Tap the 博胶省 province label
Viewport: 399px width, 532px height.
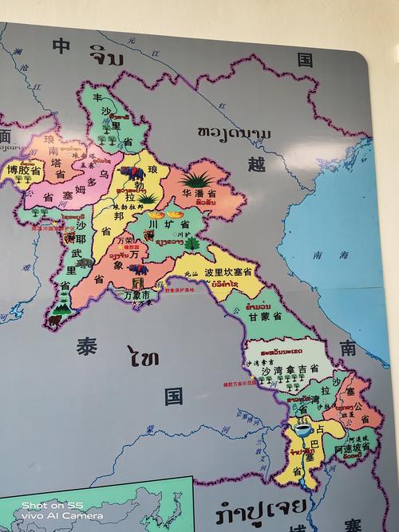pos(23,170)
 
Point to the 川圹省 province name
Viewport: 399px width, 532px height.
pos(161,226)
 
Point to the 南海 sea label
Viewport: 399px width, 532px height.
pos(320,256)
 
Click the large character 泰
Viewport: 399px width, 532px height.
pos(87,347)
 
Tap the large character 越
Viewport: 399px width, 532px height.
pos(255,164)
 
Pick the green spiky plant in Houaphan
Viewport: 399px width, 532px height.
pos(196,176)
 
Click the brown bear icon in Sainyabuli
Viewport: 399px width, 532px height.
pos(54,319)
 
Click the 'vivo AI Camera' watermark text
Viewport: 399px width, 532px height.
pos(52,516)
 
